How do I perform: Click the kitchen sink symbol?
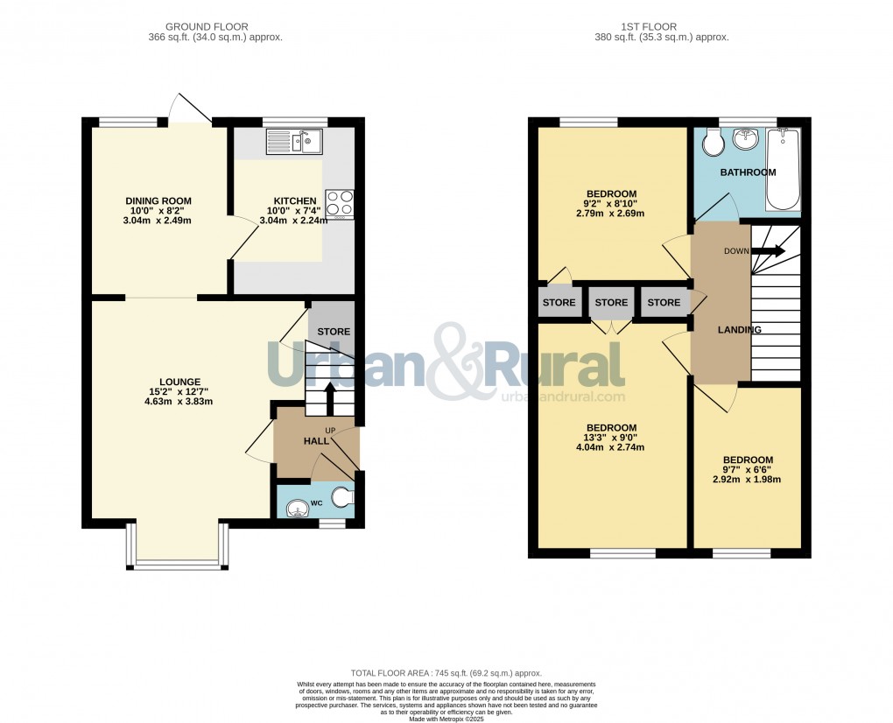(294, 141)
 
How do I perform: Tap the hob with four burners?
(340, 203)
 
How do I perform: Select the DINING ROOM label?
(158, 201)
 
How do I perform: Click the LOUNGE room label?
(179, 382)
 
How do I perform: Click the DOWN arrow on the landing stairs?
(769, 251)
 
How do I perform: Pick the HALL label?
(316, 441)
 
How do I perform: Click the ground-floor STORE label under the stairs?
(334, 332)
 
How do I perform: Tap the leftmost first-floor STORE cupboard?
(559, 303)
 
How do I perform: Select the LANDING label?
(739, 330)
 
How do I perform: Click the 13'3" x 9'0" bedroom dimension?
(610, 438)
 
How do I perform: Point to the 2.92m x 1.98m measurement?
(747, 480)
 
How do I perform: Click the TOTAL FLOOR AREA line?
(446, 672)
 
